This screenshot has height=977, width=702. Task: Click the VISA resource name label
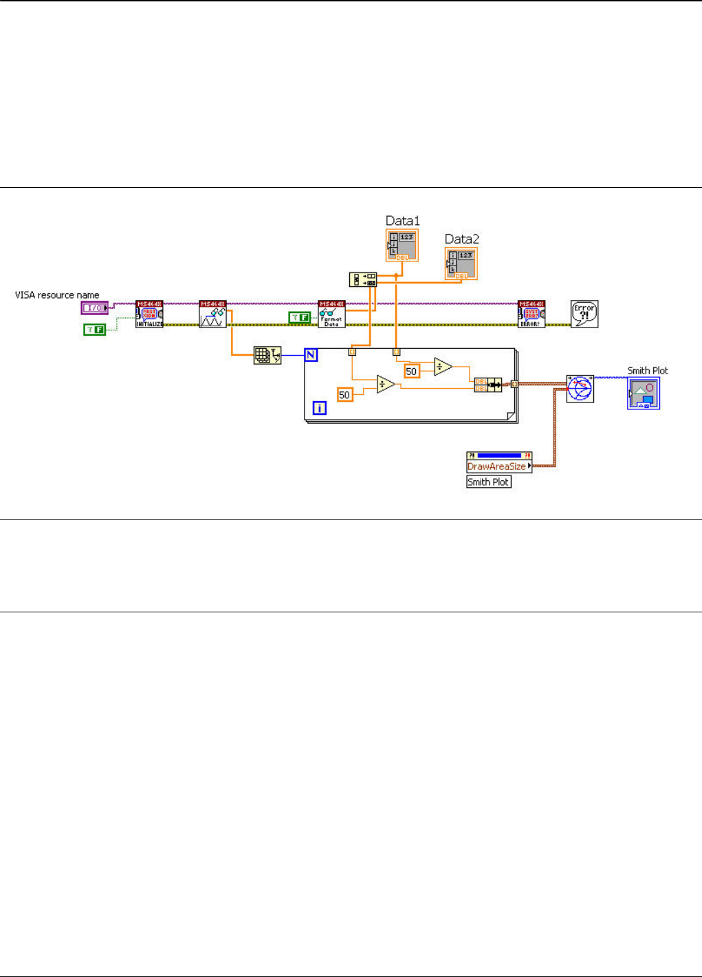click(57, 295)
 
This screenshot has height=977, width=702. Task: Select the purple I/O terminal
click(94, 308)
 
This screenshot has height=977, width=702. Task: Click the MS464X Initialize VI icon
click(149, 314)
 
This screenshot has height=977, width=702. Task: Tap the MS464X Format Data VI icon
click(331, 314)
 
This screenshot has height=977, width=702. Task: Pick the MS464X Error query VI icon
click(531, 314)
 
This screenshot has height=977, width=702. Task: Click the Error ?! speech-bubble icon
click(584, 314)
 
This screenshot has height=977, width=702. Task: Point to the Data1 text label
click(402, 221)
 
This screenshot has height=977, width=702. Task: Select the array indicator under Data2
click(461, 264)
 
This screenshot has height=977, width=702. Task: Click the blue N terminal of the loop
click(311, 355)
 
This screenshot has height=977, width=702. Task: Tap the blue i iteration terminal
click(320, 408)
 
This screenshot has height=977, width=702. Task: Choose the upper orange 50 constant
click(411, 372)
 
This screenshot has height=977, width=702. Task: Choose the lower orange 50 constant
click(344, 395)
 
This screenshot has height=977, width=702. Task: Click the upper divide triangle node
click(443, 367)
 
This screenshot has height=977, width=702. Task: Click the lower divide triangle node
click(386, 384)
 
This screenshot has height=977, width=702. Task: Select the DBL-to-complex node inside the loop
click(488, 385)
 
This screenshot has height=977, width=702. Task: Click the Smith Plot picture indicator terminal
click(644, 394)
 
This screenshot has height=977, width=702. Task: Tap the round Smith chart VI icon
click(580, 389)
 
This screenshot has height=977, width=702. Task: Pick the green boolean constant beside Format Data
click(299, 317)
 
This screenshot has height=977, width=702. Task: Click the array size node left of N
click(267, 355)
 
